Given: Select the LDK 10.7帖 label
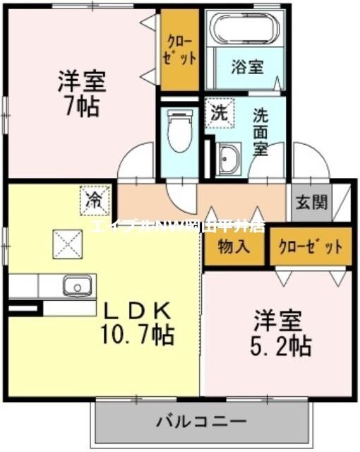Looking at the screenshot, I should [138, 321].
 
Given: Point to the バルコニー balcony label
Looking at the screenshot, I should [201, 422].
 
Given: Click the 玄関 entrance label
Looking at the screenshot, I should [311, 203].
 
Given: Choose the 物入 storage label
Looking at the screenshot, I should [233, 248].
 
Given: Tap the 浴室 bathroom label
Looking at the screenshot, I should [248, 67].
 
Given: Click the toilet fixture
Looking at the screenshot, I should [180, 131].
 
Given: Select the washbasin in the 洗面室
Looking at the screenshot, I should [229, 159].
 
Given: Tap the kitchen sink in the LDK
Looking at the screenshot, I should [76, 286].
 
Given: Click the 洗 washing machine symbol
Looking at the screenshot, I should [219, 112].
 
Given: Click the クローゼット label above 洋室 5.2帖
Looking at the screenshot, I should [311, 248].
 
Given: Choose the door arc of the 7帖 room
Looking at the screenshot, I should [138, 161].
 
